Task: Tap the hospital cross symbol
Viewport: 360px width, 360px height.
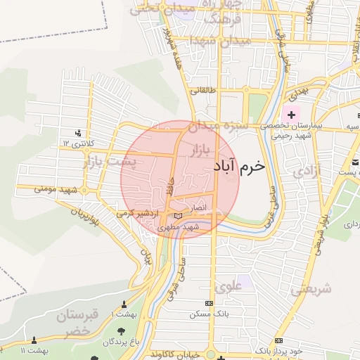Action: pos(292,114)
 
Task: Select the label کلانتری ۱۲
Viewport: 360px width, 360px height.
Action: pos(76,143)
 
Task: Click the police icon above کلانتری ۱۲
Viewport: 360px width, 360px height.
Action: pos(78,132)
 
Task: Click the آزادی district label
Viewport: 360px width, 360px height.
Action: pos(307,171)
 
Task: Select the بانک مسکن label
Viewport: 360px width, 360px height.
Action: pos(208,314)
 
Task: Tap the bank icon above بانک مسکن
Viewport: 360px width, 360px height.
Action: pos(208,303)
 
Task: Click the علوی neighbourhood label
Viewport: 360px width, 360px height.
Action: pos(231,287)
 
